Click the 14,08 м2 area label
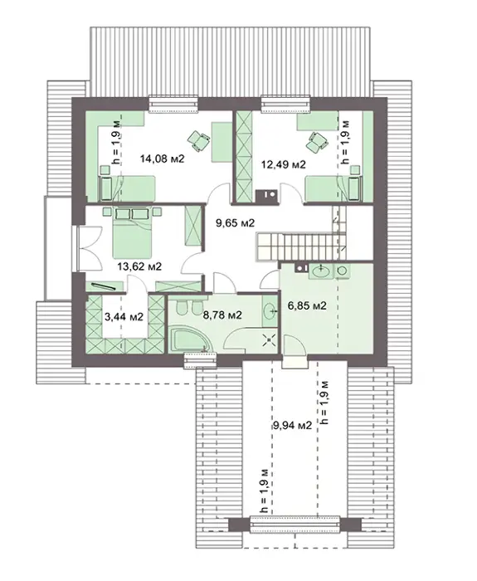pyautogui.click(x=163, y=159)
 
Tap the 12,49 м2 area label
pyautogui.click(x=284, y=164)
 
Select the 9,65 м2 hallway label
pyautogui.click(x=236, y=223)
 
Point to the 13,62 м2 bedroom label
pyautogui.click(x=139, y=266)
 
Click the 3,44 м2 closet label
pyautogui.click(x=124, y=317)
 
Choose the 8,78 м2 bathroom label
pyautogui.click(x=222, y=315)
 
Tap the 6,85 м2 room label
pyautogui.click(x=308, y=306)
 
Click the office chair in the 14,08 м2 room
pyautogui.click(x=198, y=141)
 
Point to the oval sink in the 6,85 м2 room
pyautogui.click(x=321, y=271)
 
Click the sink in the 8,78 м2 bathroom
pyautogui.click(x=270, y=311)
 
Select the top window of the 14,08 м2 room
pyautogui.click(x=173, y=104)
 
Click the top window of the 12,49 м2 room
pyautogui.click(x=285, y=104)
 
